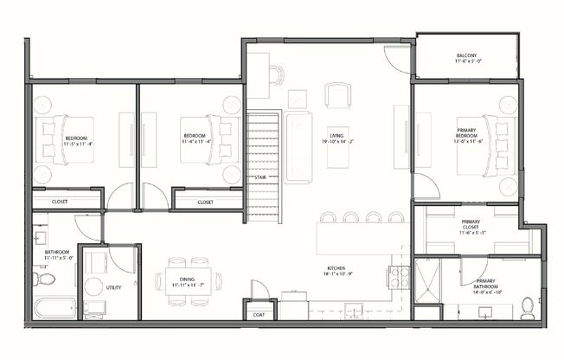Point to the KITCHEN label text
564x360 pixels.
[337, 269]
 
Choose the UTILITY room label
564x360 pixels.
[112, 287]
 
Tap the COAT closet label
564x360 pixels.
[259, 315]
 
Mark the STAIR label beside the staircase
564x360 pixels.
[260, 177]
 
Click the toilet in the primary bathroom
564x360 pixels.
[528, 307]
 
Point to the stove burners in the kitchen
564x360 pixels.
[398, 277]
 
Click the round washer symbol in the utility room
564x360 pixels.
[93, 286]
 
